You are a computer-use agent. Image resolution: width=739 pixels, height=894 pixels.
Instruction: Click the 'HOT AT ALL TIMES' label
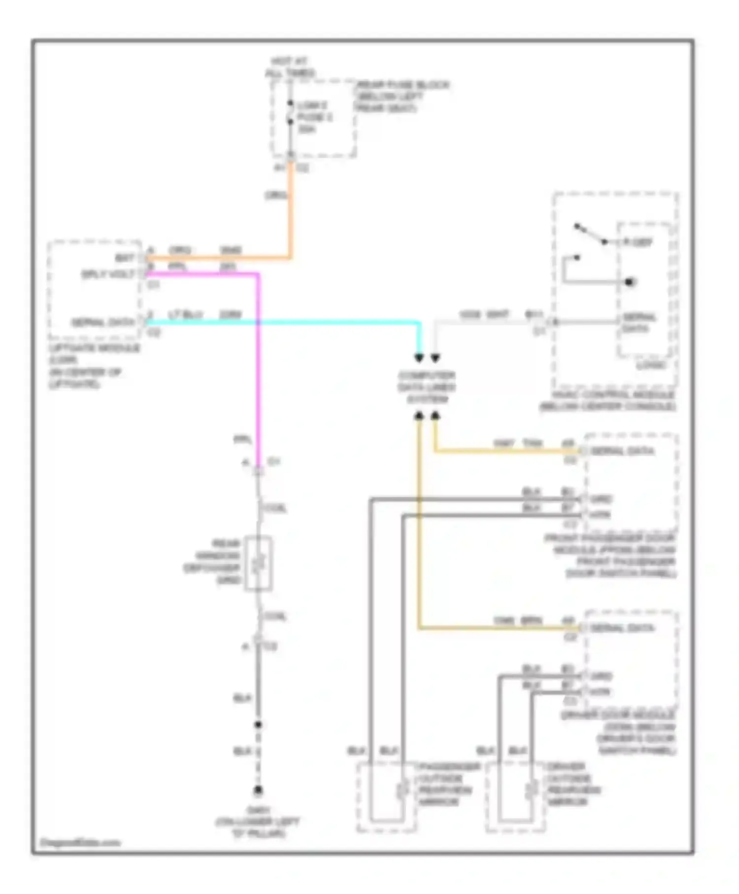[290, 68]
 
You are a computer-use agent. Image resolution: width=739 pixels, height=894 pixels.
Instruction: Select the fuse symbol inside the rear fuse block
[290, 113]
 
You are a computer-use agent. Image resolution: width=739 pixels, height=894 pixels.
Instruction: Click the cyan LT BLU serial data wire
[281, 323]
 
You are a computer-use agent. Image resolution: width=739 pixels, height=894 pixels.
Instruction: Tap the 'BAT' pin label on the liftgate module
[125, 258]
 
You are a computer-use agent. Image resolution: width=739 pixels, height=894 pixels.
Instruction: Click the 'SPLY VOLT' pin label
[108, 275]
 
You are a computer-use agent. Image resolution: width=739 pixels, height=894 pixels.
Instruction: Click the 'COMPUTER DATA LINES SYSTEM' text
[427, 387]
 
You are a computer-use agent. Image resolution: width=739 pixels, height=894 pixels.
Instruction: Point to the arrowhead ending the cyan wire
[419, 358]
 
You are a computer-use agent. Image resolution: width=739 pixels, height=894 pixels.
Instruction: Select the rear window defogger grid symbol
[259, 563]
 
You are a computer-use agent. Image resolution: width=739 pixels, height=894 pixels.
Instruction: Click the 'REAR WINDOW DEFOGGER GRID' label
[212, 561]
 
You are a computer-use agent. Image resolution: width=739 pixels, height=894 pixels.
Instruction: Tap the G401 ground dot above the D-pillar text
[258, 791]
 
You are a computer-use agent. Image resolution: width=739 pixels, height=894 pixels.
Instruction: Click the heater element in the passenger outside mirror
[403, 790]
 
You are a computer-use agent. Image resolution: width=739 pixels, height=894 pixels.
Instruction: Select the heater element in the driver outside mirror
[531, 790]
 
